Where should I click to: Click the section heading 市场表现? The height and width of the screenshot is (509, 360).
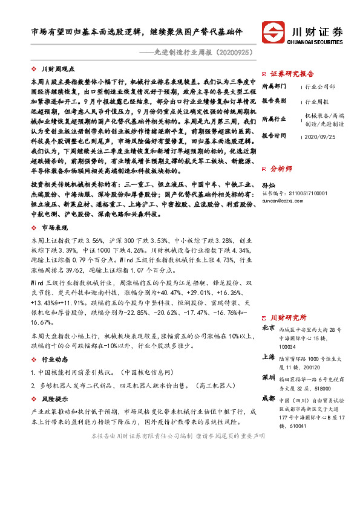tap(53, 227)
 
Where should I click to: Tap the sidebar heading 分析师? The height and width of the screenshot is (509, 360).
tap(282, 169)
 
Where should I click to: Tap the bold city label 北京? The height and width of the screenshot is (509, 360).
tap(267, 328)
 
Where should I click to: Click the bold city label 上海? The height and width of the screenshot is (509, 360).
tap(267, 357)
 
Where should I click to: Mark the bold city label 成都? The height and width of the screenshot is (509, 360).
tap(267, 398)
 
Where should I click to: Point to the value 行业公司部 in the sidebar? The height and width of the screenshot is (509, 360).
tap(319, 87)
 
